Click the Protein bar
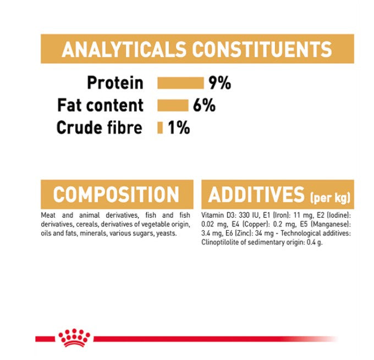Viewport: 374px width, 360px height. (180, 83)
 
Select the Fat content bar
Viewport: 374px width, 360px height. (173, 106)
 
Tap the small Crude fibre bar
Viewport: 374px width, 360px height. (160, 128)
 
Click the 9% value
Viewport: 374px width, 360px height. (219, 83)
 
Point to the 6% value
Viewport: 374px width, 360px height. (204, 106)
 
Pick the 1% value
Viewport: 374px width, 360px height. (179, 128)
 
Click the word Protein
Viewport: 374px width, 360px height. (115, 83)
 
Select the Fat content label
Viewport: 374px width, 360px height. (101, 106)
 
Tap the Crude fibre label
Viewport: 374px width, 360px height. (100, 128)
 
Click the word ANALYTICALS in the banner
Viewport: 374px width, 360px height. (124, 49)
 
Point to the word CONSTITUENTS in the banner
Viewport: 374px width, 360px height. (262, 49)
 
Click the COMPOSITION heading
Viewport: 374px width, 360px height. (116, 195)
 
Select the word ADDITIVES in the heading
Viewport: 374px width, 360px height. (256, 195)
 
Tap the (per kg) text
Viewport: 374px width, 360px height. (330, 198)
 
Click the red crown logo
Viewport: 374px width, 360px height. (74, 338)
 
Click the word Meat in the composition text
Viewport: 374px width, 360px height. (48, 215)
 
